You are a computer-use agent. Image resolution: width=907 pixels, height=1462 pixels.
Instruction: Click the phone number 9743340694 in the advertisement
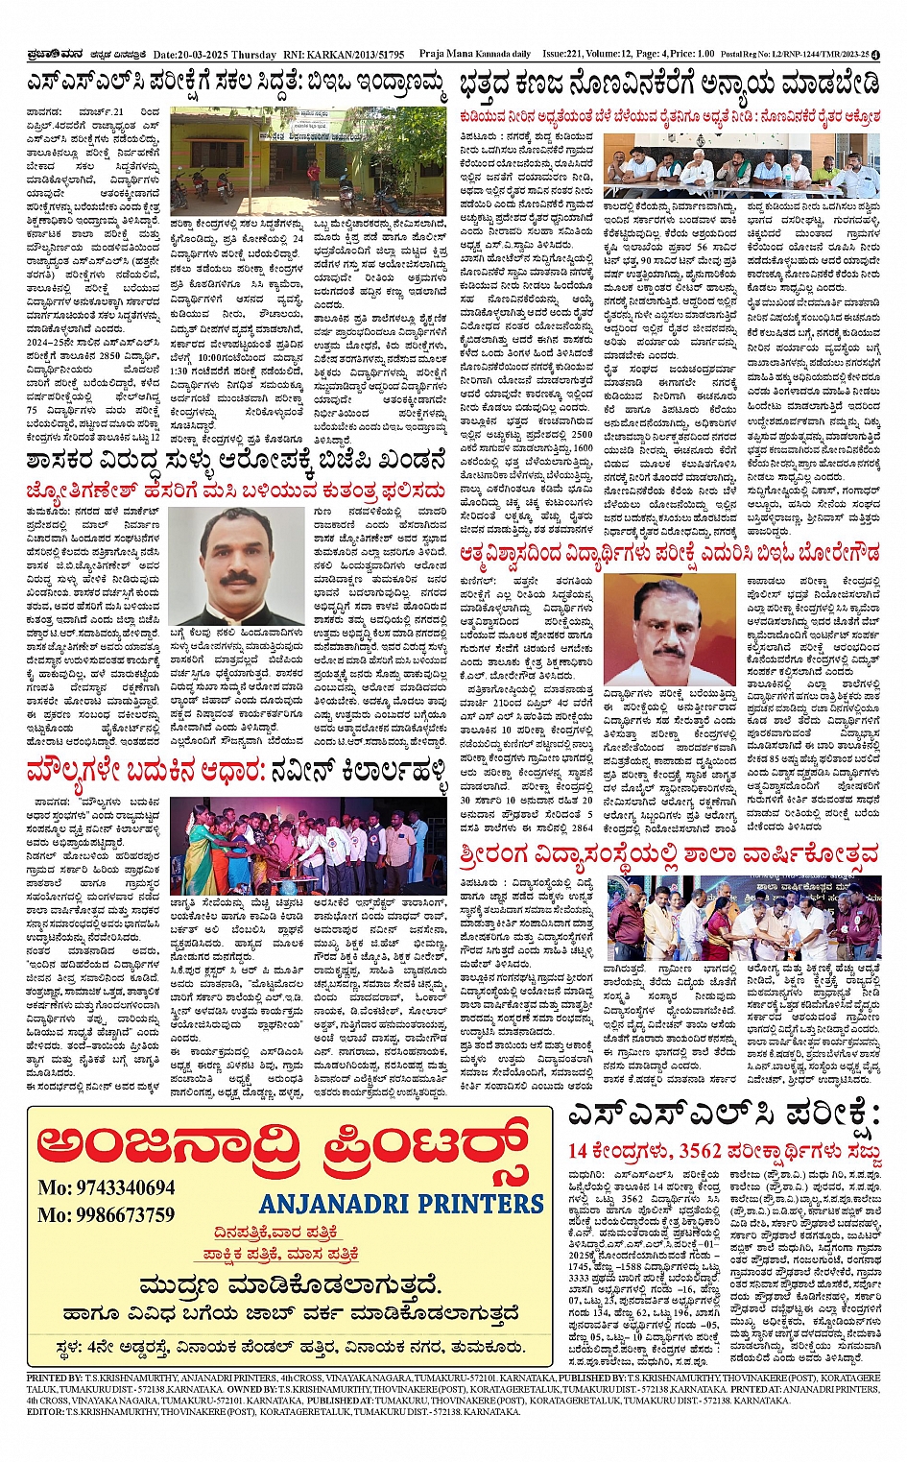pos(107,1187)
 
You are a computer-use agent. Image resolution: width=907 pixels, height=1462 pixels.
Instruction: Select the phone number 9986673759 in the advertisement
pos(107,1214)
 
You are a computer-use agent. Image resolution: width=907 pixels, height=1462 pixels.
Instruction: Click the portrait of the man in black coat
pos(236,567)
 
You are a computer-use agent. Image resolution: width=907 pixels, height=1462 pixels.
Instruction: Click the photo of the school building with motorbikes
pos(307,159)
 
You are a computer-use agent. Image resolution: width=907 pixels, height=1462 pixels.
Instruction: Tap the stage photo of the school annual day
pos(744,918)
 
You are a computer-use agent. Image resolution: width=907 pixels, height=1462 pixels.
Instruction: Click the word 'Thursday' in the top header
pos(253,55)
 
